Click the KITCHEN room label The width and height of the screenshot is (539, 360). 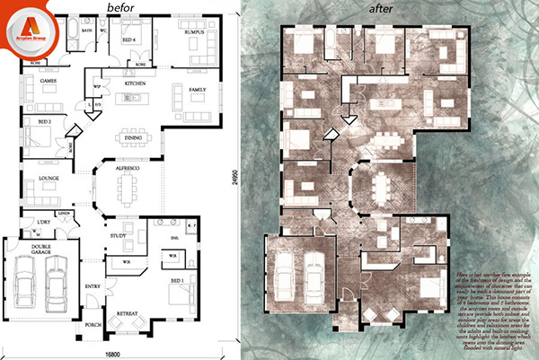click(x=136, y=83)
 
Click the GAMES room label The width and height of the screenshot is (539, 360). click(x=48, y=81)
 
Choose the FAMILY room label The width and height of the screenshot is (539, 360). click(x=197, y=90)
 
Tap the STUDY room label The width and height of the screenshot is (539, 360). click(x=117, y=236)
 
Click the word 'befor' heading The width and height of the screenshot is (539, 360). click(x=121, y=7)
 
